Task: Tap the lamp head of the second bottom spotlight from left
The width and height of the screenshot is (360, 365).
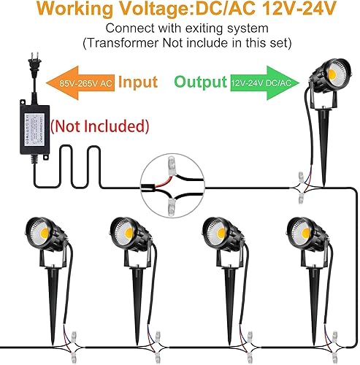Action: (x=127, y=234)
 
